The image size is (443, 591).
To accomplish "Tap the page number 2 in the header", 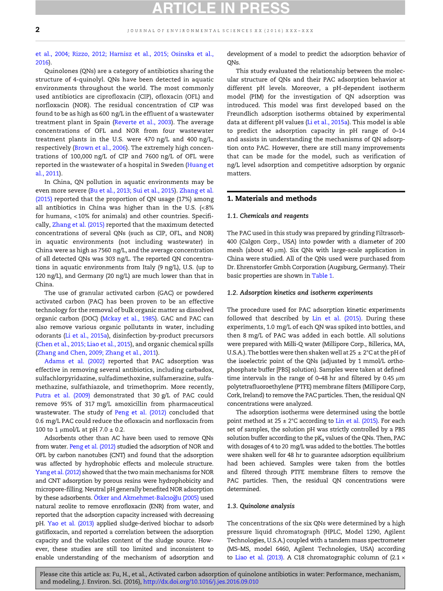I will point(38,30).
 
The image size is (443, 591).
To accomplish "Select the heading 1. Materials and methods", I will point(272,198).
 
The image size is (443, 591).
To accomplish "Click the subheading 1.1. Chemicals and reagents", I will point(268,216).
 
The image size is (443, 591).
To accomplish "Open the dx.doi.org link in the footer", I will point(201,582).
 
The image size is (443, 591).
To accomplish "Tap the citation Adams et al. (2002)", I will point(74,362).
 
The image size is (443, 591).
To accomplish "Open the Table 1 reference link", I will point(322,275).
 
